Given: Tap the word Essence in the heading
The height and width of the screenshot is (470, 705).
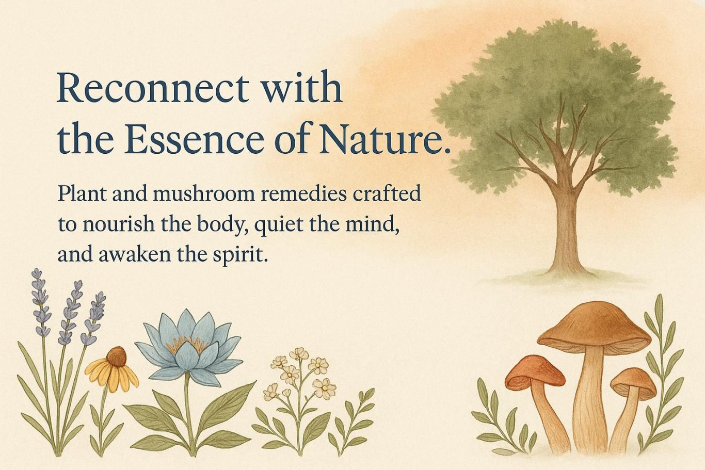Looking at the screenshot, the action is pos(194,139).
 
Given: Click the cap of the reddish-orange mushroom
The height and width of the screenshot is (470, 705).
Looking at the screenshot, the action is pos(534,371).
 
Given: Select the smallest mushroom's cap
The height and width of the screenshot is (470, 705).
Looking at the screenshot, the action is pos(633,382).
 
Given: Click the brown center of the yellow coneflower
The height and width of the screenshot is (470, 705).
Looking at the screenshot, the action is pos(117,356).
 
